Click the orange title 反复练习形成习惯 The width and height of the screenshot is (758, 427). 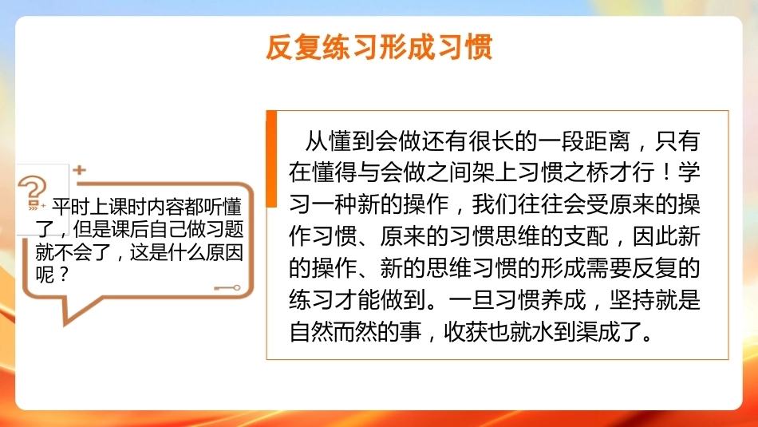tap(379, 47)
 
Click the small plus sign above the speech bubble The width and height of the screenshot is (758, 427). tap(80, 170)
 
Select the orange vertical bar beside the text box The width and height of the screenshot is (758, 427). tap(271, 159)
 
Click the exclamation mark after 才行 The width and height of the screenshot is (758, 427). tap(665, 173)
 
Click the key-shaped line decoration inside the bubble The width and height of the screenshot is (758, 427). tap(227, 288)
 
